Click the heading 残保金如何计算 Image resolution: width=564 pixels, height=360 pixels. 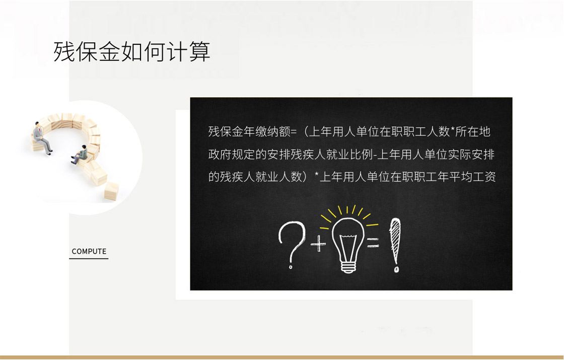(x=131, y=51)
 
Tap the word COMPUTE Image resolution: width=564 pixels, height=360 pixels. (x=89, y=251)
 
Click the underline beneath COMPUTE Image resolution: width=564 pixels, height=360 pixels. (x=89, y=258)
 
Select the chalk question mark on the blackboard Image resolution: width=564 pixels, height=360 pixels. (x=292, y=245)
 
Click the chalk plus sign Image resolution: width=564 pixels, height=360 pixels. (x=318, y=244)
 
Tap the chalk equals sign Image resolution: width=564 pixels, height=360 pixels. (x=373, y=243)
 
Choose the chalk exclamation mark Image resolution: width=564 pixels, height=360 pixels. (x=395, y=245)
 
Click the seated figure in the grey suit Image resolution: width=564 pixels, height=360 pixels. (x=42, y=138)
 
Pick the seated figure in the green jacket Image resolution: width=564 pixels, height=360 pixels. (x=80, y=155)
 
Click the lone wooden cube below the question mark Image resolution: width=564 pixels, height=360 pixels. (x=111, y=190)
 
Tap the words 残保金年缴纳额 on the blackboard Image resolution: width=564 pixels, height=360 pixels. (x=249, y=131)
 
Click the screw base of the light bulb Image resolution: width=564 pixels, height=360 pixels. (x=348, y=267)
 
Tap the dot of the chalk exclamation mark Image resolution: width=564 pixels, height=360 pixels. (x=396, y=269)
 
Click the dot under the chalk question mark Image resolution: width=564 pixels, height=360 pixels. (x=291, y=266)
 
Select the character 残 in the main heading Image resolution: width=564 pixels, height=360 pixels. (x=64, y=51)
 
